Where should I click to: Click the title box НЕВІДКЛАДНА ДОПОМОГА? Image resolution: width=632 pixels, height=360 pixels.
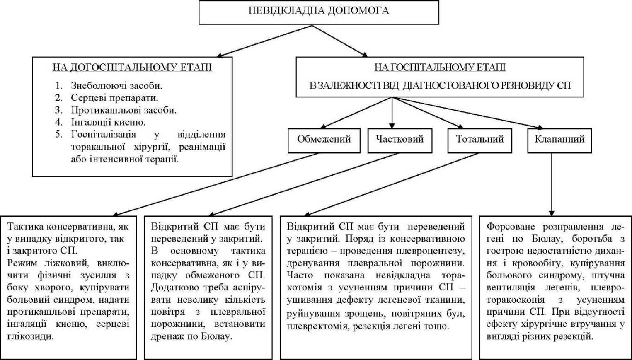[x=319, y=12]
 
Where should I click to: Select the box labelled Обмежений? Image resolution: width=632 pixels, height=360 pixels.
[x=324, y=141]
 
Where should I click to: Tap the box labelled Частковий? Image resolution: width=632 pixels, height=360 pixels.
[x=400, y=141]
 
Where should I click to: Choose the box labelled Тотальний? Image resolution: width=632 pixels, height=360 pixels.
[x=479, y=141]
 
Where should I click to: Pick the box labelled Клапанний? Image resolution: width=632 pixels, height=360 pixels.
[x=559, y=141]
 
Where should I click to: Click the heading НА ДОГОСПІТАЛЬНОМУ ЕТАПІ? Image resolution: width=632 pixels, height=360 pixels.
[x=132, y=68]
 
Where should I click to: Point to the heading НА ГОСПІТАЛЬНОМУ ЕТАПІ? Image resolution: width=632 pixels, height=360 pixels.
[x=440, y=68]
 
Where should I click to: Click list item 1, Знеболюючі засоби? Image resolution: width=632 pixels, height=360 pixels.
[x=109, y=85]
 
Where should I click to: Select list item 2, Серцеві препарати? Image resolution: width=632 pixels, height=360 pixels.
[x=107, y=98]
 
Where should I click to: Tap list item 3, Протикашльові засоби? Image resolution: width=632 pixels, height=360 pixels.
[x=116, y=110]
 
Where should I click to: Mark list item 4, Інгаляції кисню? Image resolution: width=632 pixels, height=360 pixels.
[x=100, y=122]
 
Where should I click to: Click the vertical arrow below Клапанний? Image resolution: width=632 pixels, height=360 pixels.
[x=552, y=185]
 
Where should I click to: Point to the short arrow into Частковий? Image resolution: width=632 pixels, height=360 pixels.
[x=392, y=113]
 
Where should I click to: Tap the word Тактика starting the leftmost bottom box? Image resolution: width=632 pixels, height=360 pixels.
[x=25, y=227]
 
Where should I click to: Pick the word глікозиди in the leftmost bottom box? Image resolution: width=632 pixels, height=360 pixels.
[x=30, y=336]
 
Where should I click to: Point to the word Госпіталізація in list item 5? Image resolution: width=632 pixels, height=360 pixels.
[x=103, y=134]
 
